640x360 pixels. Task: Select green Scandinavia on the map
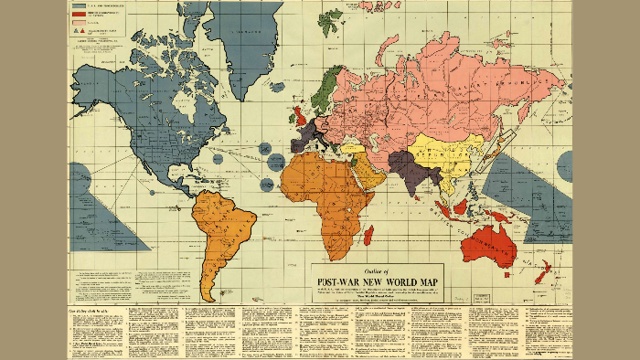point(325,87)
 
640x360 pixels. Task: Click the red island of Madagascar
point(368,236)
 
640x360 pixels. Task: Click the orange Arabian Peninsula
point(362,170)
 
